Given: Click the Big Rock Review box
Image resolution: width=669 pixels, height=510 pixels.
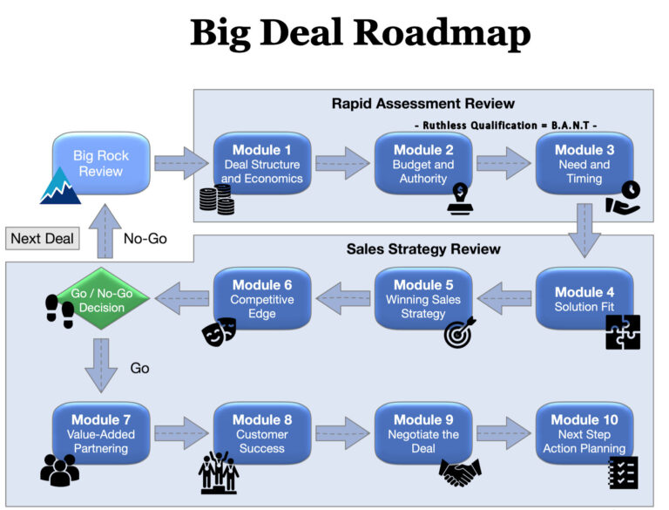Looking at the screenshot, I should coord(101,163).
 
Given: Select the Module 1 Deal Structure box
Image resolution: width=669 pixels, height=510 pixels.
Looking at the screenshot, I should coord(261,164).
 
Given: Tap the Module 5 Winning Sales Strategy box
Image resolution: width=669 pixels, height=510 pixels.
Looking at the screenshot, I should coord(422,298).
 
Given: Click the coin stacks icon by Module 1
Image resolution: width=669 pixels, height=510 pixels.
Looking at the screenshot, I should coord(217,202).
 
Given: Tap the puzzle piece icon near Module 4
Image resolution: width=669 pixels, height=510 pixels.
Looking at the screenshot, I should coord(623,332).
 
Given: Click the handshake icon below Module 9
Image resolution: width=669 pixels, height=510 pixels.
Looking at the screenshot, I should coord(461,472).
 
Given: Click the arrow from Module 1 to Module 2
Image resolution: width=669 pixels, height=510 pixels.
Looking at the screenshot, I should coord(341,163).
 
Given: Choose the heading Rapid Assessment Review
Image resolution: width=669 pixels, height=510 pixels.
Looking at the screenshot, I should coord(423,104).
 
